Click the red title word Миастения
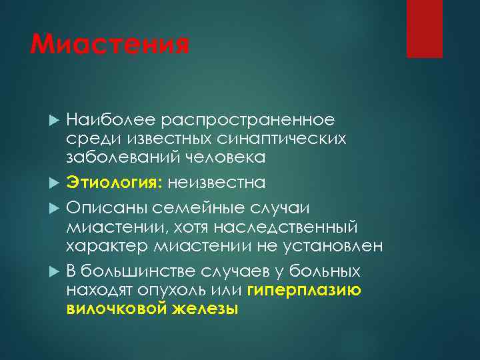point(111,46)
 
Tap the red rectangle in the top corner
point(425,29)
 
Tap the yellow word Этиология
point(113,182)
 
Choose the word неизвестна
point(216,182)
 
